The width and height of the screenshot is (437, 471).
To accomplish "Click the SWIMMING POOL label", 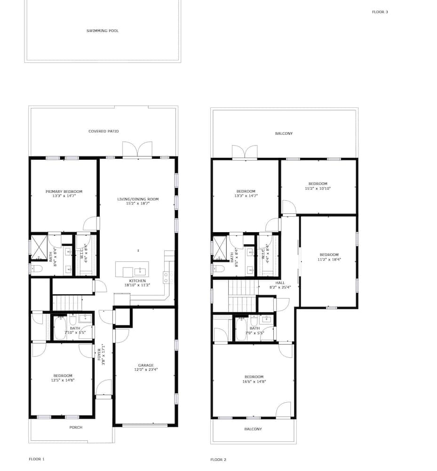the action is (x=103, y=31).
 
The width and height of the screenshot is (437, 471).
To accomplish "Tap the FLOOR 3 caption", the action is (x=380, y=12).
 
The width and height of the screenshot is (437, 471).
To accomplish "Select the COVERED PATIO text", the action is (x=103, y=131).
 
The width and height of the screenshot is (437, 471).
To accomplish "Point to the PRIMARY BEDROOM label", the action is (x=64, y=191).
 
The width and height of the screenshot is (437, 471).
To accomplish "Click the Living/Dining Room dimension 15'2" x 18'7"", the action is (x=138, y=203).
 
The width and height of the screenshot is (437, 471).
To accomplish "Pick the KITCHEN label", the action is (x=137, y=281).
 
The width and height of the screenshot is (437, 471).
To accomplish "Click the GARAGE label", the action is (x=146, y=365).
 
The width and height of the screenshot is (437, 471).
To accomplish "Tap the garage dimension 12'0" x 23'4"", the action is (x=146, y=370).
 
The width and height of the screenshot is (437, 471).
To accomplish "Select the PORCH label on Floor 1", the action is (x=76, y=427).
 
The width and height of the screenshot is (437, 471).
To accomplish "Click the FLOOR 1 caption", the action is (x=37, y=459).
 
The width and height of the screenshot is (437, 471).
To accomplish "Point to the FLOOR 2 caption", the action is (x=218, y=460).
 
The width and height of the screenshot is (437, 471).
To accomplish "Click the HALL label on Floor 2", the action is (x=280, y=283).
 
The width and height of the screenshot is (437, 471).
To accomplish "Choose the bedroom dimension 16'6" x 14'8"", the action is (x=254, y=382).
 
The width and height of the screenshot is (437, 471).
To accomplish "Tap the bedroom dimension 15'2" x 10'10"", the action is (x=318, y=189).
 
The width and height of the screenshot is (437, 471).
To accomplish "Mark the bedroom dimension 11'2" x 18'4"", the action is (x=329, y=260).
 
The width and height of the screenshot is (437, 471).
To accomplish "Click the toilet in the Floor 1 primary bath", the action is (x=37, y=269).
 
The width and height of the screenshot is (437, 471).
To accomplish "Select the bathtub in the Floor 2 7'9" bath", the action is (x=240, y=329).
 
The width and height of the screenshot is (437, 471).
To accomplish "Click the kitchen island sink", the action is (x=140, y=272).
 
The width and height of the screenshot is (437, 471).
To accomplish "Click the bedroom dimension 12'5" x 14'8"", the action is (x=63, y=380).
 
